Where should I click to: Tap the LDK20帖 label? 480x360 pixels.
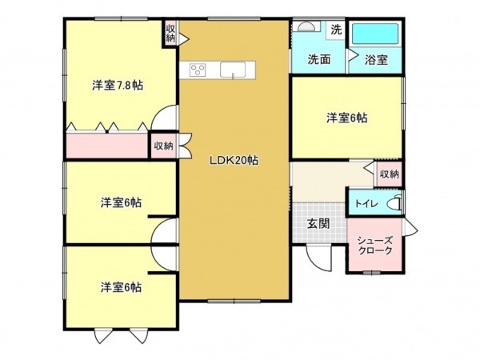234,159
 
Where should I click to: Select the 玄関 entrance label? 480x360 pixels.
318,223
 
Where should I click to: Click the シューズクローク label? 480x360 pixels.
374,245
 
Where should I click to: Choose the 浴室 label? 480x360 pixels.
376,59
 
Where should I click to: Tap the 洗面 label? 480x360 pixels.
319,59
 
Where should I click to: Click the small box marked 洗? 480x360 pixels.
336,30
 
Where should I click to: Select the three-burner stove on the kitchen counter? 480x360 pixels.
198,70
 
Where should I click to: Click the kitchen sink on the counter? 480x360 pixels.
232,70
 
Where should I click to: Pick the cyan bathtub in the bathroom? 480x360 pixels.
374,34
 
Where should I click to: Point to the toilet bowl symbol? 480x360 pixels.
394,203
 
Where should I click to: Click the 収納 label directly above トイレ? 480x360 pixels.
389,174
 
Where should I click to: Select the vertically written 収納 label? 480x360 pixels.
170,33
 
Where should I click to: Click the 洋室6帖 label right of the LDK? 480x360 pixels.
346,118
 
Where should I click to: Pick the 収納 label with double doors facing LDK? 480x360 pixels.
163,146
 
